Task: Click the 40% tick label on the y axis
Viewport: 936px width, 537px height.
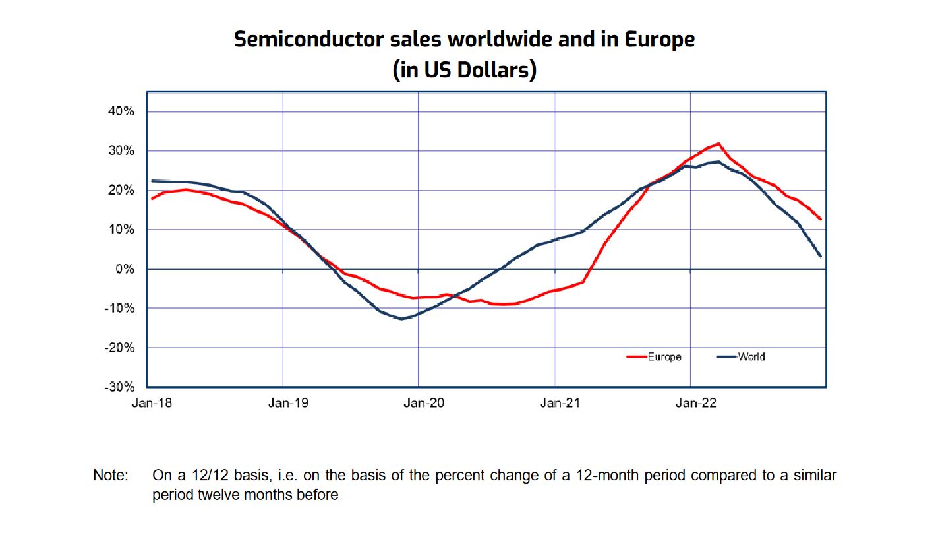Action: pos(121,111)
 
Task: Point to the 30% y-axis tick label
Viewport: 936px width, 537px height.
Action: pos(121,151)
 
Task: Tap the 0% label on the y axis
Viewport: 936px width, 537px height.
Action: pos(125,269)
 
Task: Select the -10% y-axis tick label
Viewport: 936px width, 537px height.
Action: pos(119,309)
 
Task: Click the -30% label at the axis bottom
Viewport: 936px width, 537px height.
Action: pos(119,387)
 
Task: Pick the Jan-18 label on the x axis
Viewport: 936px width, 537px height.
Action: pos(152,404)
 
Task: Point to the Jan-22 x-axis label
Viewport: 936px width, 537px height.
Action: pos(695,404)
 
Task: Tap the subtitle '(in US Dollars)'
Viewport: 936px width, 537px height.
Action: pos(465,69)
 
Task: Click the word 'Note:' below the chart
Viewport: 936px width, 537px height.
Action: pos(110,475)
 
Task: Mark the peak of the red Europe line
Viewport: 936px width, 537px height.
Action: pos(718,143)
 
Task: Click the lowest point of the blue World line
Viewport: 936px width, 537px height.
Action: pos(401,319)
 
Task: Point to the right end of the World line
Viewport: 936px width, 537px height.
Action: pos(821,257)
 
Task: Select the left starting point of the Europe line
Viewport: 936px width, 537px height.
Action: pos(152,198)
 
